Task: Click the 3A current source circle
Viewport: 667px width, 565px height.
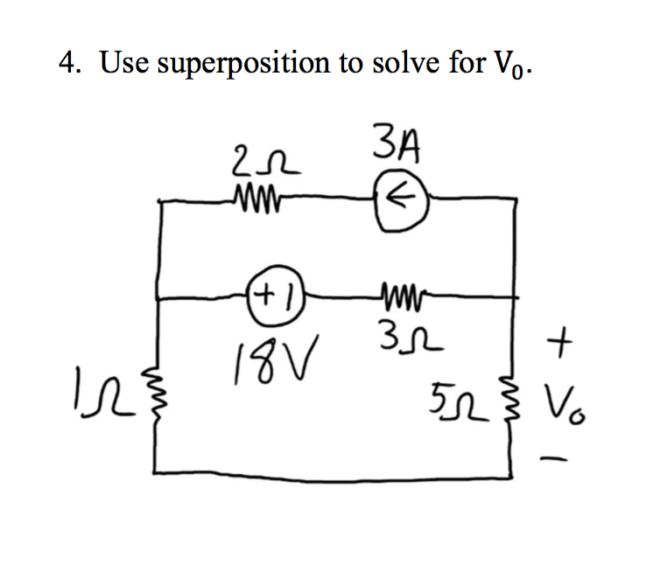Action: click(401, 199)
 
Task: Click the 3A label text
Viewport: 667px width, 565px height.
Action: click(399, 145)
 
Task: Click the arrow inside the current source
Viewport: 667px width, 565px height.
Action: click(401, 199)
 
